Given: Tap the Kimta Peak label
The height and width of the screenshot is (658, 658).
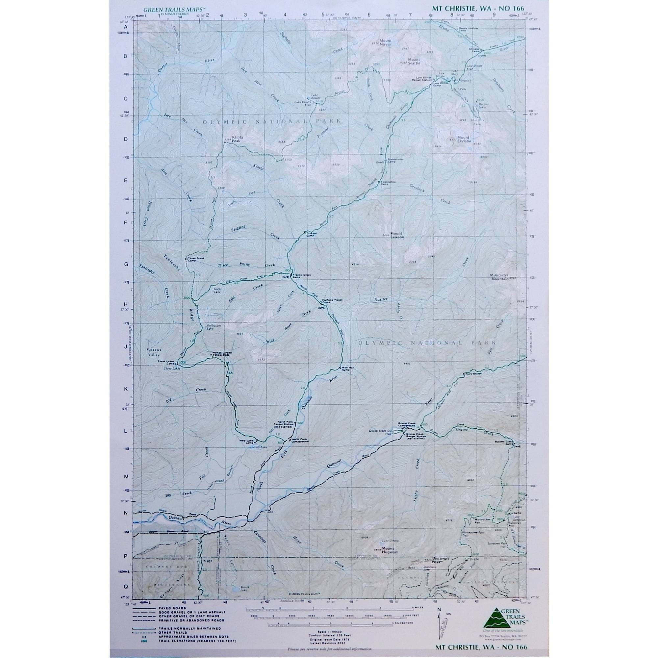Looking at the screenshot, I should click(x=237, y=139).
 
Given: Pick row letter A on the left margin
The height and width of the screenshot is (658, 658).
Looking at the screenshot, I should click(x=126, y=27).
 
